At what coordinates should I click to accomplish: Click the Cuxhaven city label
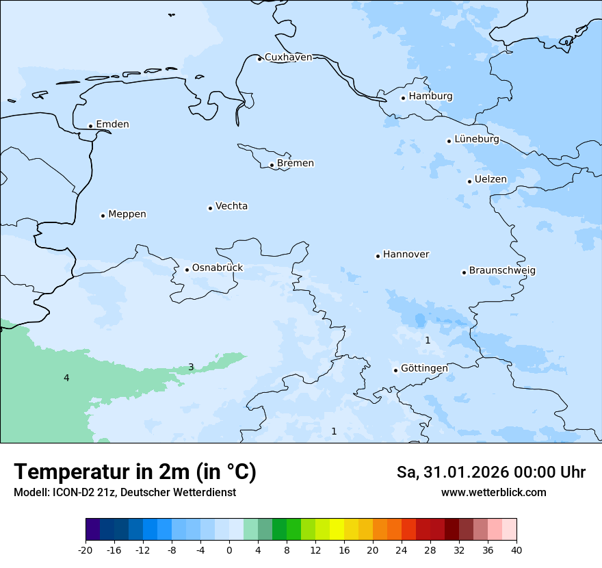pos(288,57)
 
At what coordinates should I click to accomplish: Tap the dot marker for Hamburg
pos(403,98)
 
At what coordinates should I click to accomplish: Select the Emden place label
pos(112,125)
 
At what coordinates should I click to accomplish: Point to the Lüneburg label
pos(476,140)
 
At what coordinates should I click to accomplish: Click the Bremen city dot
pos(272,165)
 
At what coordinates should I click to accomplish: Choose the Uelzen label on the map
pos(490,180)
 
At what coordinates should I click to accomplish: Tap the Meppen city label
pos(127,214)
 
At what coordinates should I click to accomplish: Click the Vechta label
pos(231,206)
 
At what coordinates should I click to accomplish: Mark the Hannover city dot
pos(378,256)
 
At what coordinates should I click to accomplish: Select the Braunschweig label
pos(502,271)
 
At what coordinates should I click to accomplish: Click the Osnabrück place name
pos(218,268)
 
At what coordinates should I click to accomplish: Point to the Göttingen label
pos(424,368)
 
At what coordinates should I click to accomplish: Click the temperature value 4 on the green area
pos(66,378)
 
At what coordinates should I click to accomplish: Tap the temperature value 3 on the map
pos(191,367)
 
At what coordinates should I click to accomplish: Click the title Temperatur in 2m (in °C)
pos(135,472)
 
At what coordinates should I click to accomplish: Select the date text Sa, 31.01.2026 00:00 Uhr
pos(490,472)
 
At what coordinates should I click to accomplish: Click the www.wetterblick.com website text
pos(493,492)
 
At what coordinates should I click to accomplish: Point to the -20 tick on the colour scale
pos(86,550)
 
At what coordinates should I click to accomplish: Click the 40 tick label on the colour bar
pos(516,550)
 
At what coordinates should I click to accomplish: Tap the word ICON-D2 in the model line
pos(67,492)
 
